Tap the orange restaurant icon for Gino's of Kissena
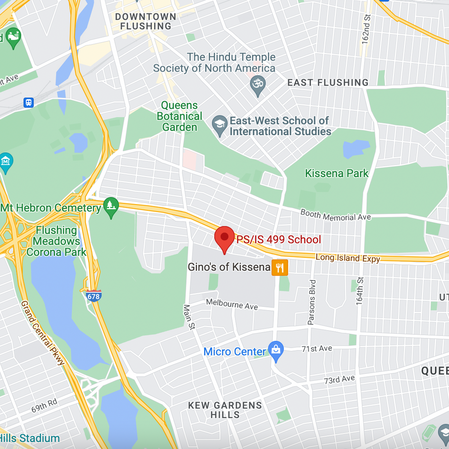tap(280, 267)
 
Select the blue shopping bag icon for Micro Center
tap(276, 350)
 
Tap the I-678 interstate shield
tap(94, 296)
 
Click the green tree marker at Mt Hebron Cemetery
tap(111, 206)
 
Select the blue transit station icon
tap(28, 102)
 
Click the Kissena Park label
tap(337, 173)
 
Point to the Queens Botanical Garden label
tap(180, 116)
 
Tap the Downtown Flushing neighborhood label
tap(145, 21)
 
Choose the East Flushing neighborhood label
tap(328, 82)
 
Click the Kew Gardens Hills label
tap(225, 410)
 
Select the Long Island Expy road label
tap(348, 258)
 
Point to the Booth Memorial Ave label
tap(335, 215)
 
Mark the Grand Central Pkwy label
tap(43, 333)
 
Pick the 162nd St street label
tap(366, 29)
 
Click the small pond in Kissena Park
tap(355, 148)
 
